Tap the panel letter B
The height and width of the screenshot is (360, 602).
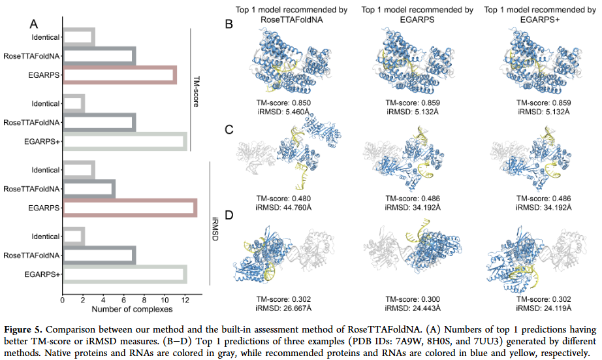pyautogui.click(x=229, y=24)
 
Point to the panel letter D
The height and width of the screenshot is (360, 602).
pyautogui.click(x=229, y=216)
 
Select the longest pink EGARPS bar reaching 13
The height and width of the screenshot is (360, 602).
pyautogui.click(x=129, y=208)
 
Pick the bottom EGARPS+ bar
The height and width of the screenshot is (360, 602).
pyautogui.click(x=124, y=274)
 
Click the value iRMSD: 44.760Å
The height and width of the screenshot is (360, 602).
pyautogui.click(x=288, y=207)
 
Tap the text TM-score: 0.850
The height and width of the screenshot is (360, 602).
pyautogui.click(x=288, y=103)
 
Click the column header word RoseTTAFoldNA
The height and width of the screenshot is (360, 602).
pyautogui.click(x=288, y=19)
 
